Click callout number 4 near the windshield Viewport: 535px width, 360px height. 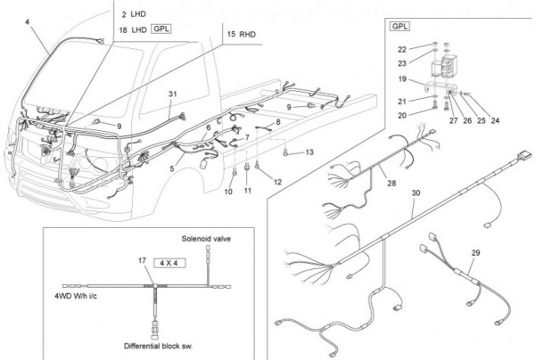[x=28, y=20]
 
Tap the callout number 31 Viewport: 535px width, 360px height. [x=173, y=94]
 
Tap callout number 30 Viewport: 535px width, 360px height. [x=415, y=193]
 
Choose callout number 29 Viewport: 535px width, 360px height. [x=474, y=254]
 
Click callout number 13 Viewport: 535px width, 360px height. [x=309, y=153]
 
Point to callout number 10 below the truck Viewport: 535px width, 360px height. [x=228, y=192]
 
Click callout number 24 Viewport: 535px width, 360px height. [x=496, y=119]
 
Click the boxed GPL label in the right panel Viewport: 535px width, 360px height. [x=399, y=27]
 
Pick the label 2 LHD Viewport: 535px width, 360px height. [x=134, y=15]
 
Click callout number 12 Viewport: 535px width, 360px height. [x=277, y=182]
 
